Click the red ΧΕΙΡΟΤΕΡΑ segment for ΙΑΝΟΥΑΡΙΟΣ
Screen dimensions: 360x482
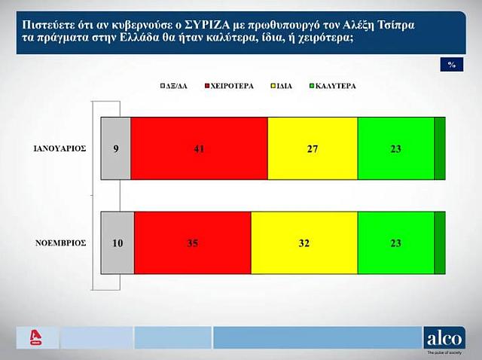[x=199, y=148]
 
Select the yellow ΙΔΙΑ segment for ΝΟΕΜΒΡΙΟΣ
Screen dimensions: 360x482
[x=304, y=243]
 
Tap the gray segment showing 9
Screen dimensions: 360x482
[x=115, y=148]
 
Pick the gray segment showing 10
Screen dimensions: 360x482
[x=117, y=243]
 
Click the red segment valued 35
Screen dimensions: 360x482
[x=192, y=243]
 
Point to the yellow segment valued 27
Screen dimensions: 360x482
[x=313, y=148]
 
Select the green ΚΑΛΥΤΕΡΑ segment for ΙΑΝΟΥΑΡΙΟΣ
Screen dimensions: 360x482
[x=396, y=148]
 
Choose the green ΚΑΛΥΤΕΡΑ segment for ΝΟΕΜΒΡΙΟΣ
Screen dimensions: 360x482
[x=396, y=243]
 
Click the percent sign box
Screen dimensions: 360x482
[x=451, y=65]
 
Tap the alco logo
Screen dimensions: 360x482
[x=444, y=337]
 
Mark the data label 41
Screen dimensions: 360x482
[x=199, y=149]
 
